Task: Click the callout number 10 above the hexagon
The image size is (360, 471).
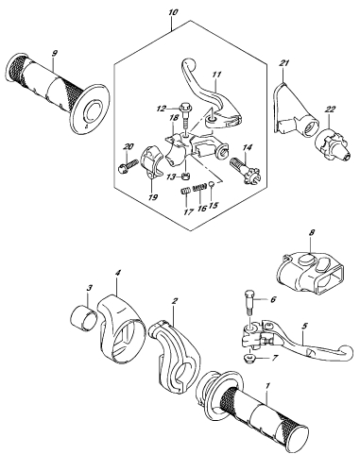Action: pos(173,12)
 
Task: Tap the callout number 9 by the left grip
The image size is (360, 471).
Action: pos(55,54)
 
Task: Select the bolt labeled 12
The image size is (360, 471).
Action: pos(184,115)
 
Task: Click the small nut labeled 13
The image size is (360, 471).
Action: pos(186,175)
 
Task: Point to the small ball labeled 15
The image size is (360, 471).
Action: pos(212,184)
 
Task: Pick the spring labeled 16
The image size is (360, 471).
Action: pos(199,187)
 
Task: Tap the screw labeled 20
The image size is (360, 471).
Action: pos(129,166)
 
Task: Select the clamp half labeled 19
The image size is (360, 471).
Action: pos(150,162)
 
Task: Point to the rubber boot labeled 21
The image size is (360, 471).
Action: pos(293,110)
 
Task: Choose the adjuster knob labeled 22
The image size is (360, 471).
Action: pos(332,144)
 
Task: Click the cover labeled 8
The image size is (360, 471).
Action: pos(312,273)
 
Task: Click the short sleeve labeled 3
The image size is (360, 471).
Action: pos(83,319)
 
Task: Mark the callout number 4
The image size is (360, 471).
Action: pos(117,273)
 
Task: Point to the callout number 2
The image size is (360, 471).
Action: pos(175,301)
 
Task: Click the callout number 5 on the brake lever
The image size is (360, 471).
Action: pos(304,326)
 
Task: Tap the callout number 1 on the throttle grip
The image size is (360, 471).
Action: pos(267,385)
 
